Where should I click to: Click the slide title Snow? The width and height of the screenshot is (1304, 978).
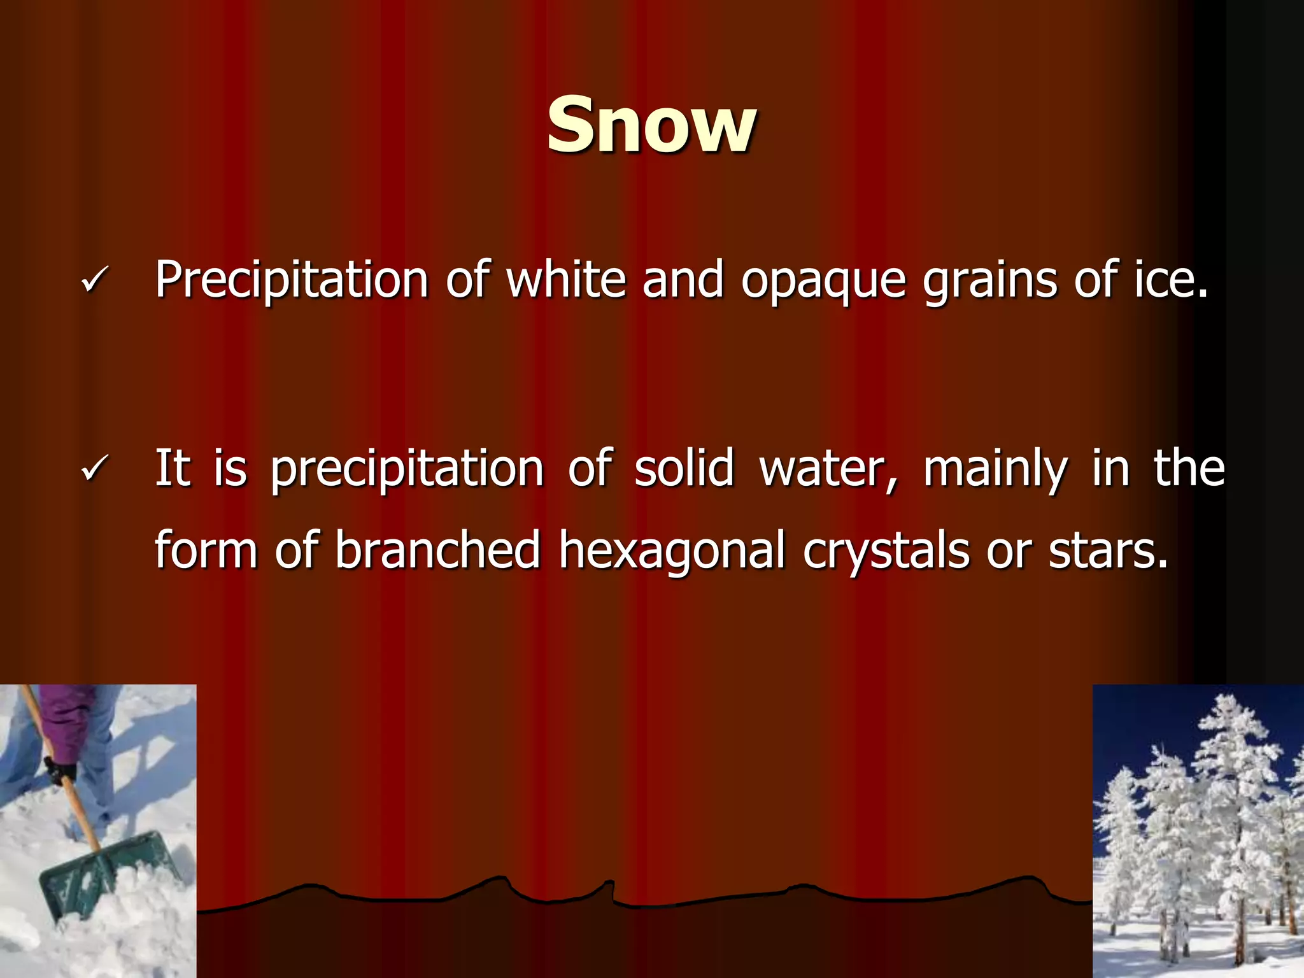point(651,125)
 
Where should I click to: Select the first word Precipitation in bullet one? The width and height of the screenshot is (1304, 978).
point(292,280)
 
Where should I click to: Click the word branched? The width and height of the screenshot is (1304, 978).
point(438,549)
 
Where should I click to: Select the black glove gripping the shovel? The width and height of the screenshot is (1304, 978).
point(60,771)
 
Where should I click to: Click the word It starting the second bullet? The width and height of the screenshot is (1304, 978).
point(173,468)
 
